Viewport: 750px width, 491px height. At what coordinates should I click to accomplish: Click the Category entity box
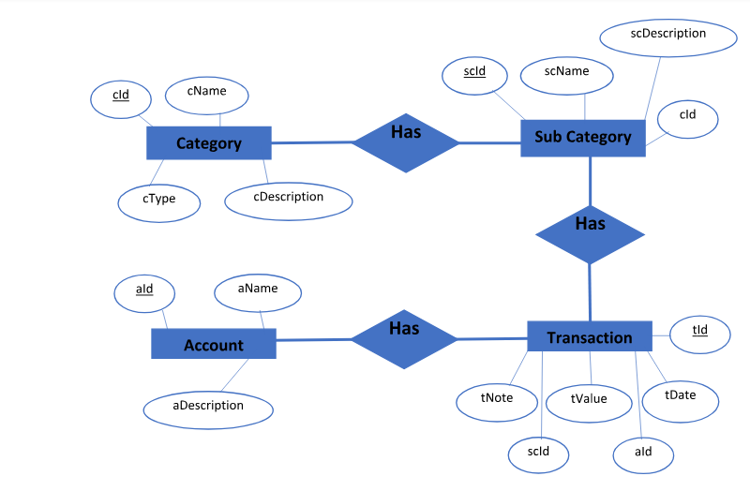coord(208,143)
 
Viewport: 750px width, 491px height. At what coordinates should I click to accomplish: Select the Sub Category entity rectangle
coord(583,137)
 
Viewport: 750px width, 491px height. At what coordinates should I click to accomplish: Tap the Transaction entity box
coord(590,337)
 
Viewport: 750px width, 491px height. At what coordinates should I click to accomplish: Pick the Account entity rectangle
coord(214,344)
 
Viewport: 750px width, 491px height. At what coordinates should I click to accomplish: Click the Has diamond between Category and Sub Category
coord(406,142)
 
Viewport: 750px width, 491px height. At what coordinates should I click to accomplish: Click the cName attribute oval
coord(207,93)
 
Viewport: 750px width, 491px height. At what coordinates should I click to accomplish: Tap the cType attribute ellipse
coord(159,201)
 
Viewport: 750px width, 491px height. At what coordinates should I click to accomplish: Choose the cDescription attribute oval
coord(289,199)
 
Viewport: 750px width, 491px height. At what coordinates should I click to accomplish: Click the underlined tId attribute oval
coord(700,332)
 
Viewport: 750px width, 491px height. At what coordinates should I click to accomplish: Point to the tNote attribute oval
coord(497,400)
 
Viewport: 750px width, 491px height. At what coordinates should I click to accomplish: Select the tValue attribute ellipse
coord(589,400)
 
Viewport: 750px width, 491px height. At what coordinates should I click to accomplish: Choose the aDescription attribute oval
coord(208,408)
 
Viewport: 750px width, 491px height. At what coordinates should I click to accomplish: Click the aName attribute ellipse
coord(258,291)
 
